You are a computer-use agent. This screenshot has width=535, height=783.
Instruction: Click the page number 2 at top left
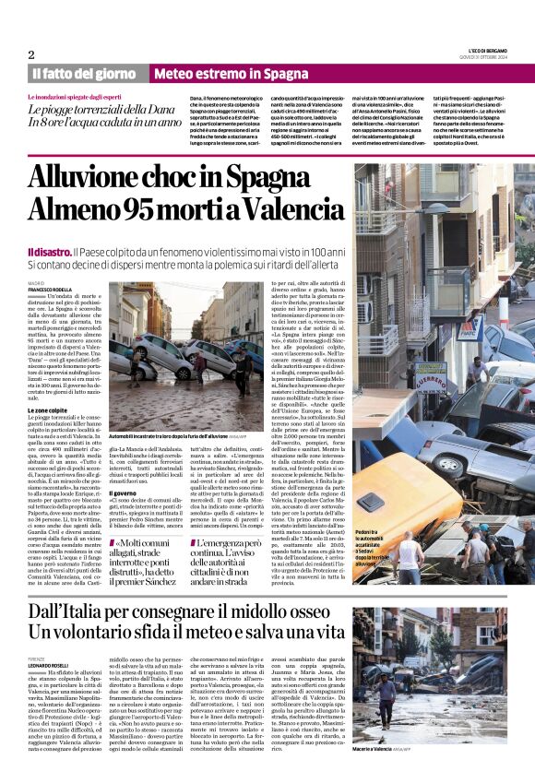[x=31, y=54]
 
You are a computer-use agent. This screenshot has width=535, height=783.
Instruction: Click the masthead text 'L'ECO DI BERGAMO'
[x=488, y=49]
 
